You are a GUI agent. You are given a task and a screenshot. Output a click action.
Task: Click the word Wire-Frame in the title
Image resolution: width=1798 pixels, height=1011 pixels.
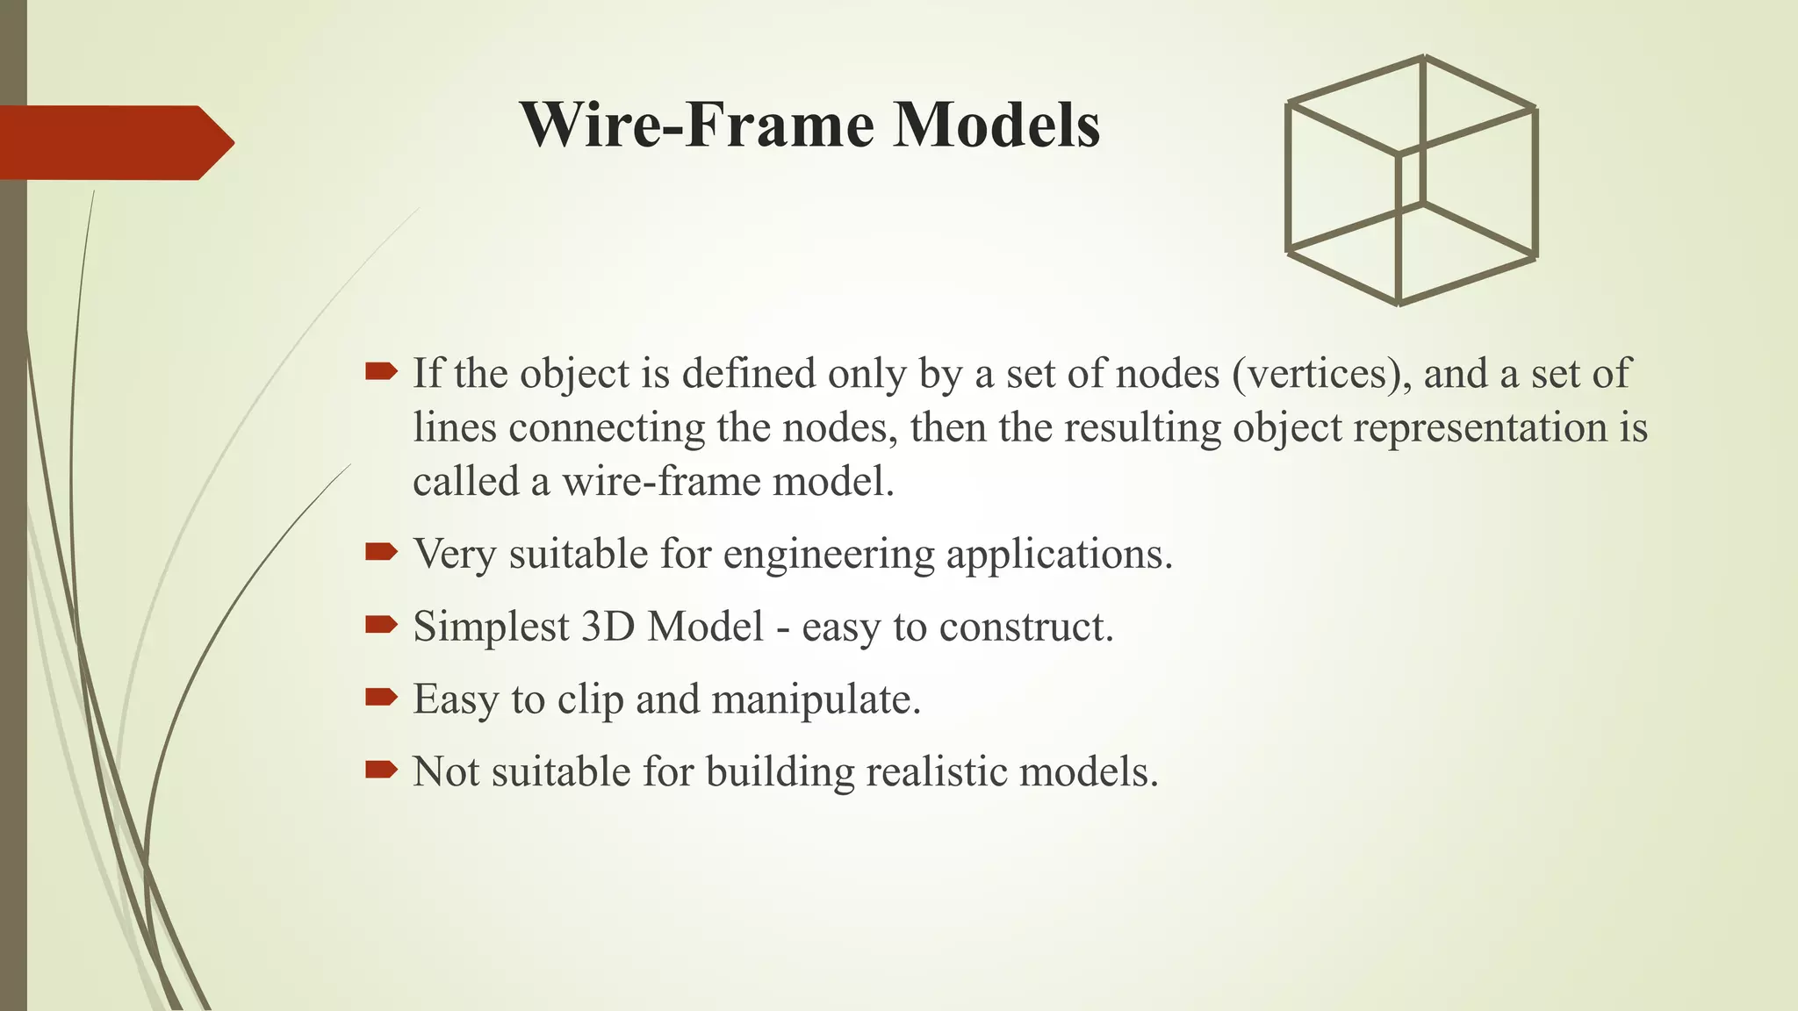tap(697, 125)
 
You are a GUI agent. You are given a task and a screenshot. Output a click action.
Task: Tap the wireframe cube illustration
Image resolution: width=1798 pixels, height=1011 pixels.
tap(1411, 181)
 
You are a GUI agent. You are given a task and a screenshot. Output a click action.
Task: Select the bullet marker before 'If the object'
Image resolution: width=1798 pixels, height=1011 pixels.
tap(381, 372)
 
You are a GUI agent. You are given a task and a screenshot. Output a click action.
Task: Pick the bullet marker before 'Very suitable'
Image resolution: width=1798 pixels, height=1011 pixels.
tap(381, 552)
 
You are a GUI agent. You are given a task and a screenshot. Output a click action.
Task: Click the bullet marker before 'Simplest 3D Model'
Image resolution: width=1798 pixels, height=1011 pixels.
tap(381, 625)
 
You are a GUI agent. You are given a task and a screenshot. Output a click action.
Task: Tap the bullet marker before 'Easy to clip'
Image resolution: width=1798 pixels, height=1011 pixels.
tap(381, 698)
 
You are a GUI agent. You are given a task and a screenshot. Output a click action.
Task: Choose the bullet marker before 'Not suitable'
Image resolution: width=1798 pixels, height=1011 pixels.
tap(381, 771)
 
